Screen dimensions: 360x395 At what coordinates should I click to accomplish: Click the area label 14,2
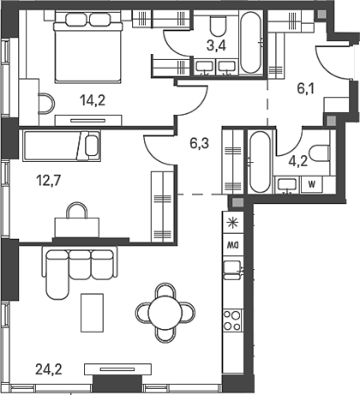93,100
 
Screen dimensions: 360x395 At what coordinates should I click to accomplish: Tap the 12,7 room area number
49,180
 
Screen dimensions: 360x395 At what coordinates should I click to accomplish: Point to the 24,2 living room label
49,369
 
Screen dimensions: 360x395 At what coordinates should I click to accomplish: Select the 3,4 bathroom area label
216,45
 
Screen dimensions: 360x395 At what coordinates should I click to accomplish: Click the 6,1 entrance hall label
306,88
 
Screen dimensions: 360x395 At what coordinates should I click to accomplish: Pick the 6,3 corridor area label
200,143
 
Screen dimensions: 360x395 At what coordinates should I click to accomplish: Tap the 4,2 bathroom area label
297,161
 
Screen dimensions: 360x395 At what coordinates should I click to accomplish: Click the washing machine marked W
312,184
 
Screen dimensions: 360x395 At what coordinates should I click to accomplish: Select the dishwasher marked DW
233,245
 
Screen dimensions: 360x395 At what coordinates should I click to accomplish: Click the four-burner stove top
232,320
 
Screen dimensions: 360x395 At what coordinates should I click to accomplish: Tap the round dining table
165,313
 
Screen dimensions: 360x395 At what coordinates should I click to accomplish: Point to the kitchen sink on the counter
232,270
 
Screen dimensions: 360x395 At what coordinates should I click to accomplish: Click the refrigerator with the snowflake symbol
233,222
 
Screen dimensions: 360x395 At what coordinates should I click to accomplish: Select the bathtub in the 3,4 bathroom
250,43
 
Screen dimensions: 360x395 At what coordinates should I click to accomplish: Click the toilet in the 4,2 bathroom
321,153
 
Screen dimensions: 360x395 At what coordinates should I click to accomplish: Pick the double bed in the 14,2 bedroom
88,47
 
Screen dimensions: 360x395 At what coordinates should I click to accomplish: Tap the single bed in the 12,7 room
62,146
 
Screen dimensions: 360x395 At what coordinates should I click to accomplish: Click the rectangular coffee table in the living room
92,313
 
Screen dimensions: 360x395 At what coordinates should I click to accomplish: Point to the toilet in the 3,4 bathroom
219,25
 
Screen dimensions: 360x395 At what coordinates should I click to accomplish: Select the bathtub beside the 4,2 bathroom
260,162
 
